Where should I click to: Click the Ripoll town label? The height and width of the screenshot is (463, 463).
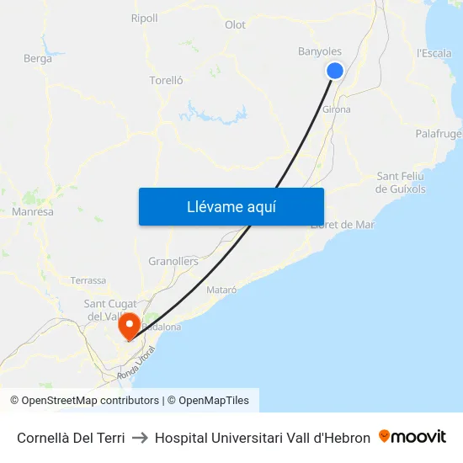[144, 18]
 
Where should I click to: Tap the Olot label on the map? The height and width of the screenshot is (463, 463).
[235, 24]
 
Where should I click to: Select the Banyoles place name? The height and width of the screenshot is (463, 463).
[320, 51]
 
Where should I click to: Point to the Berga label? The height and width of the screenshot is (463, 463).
[38, 58]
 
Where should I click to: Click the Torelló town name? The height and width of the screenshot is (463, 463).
[166, 80]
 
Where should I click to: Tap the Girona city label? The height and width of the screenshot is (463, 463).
[337, 109]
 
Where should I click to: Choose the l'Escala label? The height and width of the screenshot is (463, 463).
[434, 53]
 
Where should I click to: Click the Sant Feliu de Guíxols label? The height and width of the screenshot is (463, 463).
[401, 182]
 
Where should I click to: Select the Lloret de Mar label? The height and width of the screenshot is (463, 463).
[343, 225]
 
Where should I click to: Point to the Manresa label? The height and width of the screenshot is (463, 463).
[33, 212]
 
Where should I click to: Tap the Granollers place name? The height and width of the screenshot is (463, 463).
[173, 261]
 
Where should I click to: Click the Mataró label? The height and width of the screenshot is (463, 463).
[221, 290]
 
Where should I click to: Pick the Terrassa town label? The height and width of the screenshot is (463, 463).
[88, 280]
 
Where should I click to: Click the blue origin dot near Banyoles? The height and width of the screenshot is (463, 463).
[335, 71]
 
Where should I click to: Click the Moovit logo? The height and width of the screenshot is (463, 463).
[412, 437]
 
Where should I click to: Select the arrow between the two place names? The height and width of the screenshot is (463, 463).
[140, 438]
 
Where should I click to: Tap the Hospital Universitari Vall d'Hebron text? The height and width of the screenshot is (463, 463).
[263, 438]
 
